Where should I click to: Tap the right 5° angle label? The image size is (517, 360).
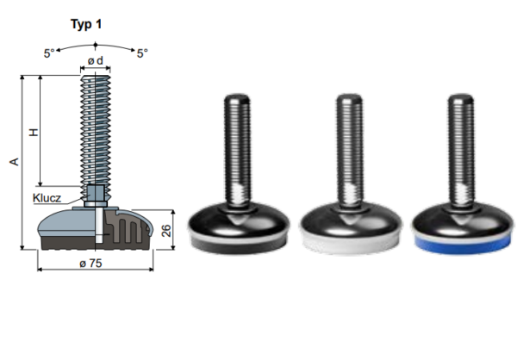tap(142, 53)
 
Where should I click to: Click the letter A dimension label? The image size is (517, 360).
tap(12, 162)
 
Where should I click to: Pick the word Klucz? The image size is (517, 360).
tap(48, 197)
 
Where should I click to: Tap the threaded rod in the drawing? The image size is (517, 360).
tap(95, 129)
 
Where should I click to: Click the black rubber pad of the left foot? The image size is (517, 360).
tap(234, 241)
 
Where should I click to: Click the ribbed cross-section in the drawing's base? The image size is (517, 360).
tap(123, 228)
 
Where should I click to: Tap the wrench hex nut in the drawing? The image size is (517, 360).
tap(95, 193)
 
